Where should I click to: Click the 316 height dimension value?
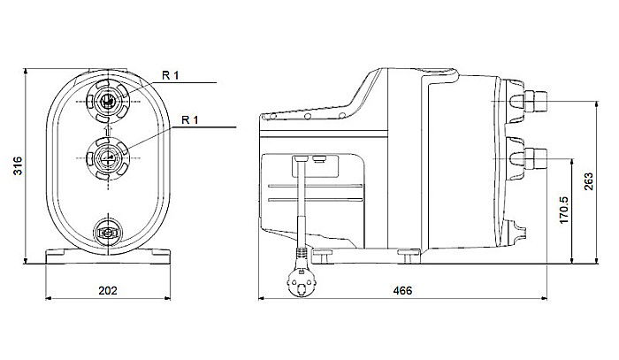(19, 165)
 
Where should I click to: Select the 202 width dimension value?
(108, 291)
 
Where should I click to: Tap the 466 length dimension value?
(402, 291)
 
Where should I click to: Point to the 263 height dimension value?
(588, 181)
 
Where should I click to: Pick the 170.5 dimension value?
(564, 210)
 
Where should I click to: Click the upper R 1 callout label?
(171, 75)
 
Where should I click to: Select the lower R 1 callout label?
(190, 120)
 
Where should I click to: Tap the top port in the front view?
(108, 101)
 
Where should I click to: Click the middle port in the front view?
(108, 157)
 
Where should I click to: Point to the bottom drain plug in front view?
(107, 233)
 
